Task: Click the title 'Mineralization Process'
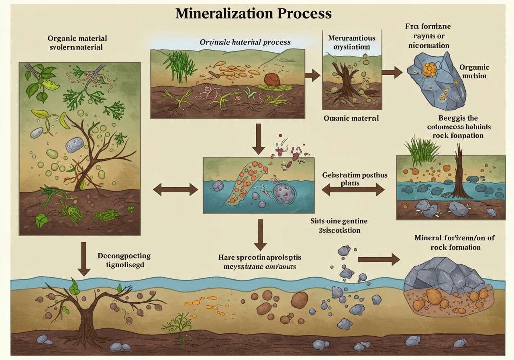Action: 254,13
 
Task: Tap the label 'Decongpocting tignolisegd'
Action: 124,260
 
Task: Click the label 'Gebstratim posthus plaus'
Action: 349,179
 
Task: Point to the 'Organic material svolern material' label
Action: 78,43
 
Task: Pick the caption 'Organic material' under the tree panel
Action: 351,119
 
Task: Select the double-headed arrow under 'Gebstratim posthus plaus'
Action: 353,190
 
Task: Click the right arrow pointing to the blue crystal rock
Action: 392,73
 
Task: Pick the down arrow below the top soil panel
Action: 258,139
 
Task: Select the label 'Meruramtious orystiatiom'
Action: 351,42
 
